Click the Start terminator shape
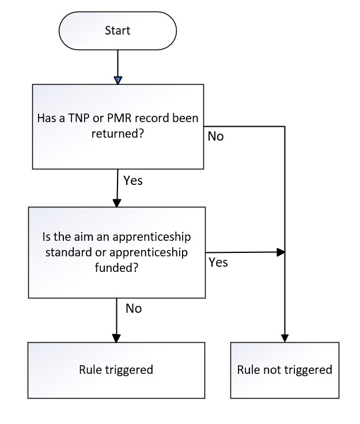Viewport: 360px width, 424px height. tap(118, 31)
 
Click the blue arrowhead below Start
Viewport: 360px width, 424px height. tap(118, 80)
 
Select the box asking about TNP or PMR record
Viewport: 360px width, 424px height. tap(118, 127)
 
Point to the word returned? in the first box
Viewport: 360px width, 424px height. tap(118, 134)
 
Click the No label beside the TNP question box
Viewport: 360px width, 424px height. tap(215, 137)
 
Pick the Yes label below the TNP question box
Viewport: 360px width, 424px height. tap(133, 180)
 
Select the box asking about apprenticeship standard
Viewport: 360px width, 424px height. tap(117, 252)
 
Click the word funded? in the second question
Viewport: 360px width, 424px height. tap(116, 268)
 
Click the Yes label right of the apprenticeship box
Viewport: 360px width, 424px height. tap(218, 262)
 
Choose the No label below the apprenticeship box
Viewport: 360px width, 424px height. tap(134, 309)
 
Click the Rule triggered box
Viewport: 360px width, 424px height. tap(116, 370)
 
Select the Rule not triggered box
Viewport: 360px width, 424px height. tap(285, 370)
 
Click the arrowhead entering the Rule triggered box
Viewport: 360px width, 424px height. tap(116, 338)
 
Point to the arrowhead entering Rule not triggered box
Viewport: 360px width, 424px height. tap(285, 338)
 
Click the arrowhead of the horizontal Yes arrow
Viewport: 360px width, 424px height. tap(281, 252)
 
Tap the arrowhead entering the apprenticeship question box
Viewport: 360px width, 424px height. tap(117, 203)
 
